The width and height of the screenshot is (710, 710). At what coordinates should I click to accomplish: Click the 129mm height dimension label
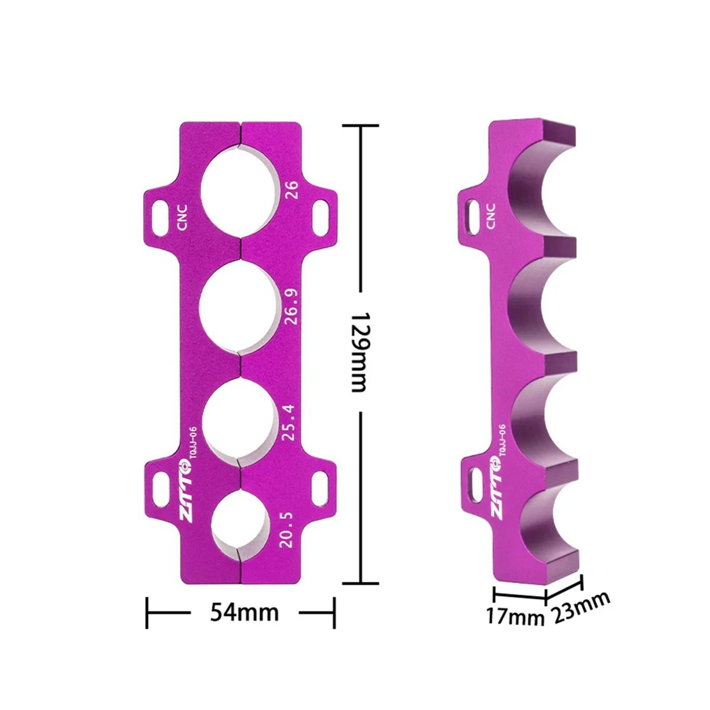[x=359, y=352]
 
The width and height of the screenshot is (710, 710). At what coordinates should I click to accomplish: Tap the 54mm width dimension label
[x=244, y=612]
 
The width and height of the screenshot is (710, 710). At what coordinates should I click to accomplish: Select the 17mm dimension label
[x=514, y=617]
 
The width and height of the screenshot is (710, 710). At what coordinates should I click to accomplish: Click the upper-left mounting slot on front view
[x=160, y=209]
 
